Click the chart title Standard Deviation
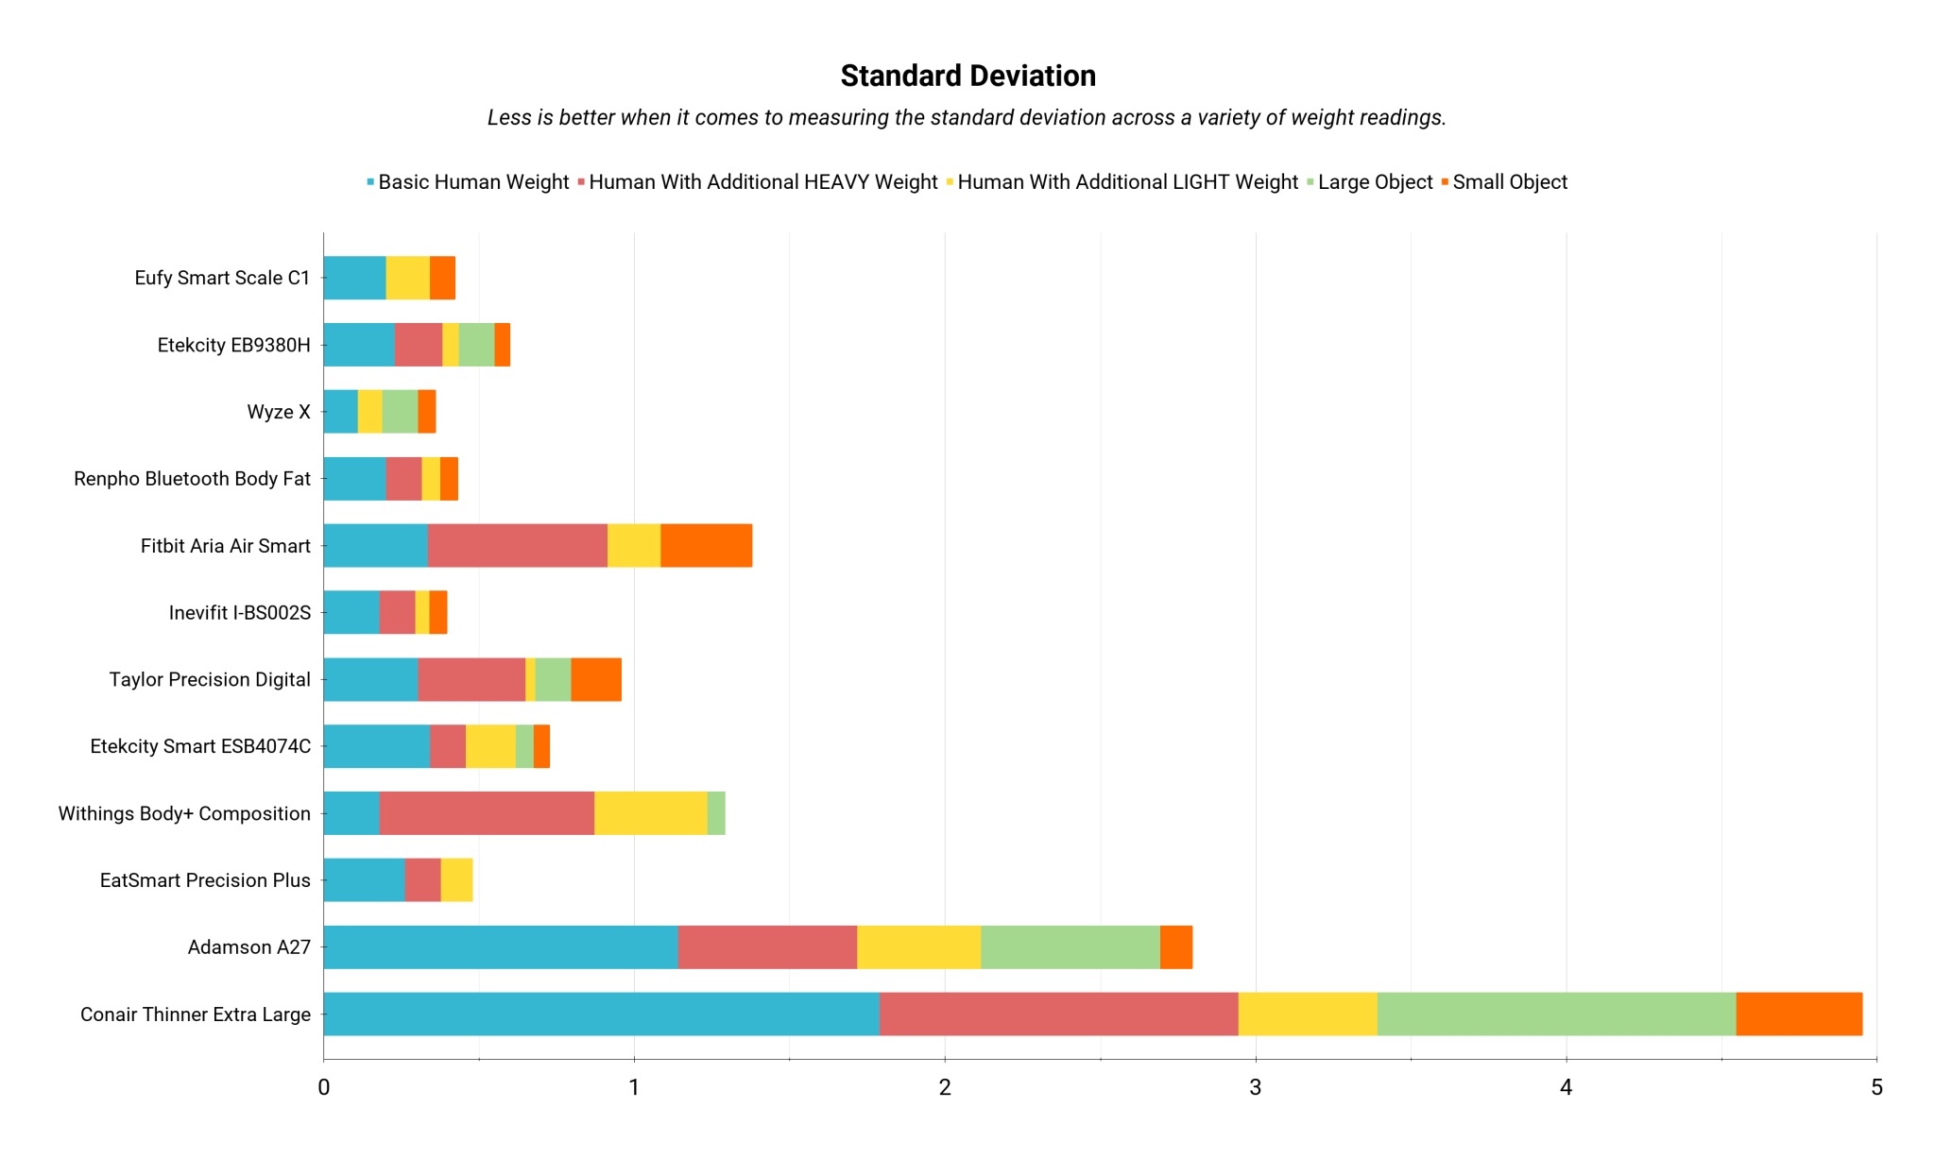967,76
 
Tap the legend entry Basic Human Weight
472,182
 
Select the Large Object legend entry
1374,182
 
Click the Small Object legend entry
1509,182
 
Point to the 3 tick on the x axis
1255,1087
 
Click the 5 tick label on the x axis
1876,1087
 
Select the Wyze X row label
279,412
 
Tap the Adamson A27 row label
248,947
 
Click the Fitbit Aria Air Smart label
225,546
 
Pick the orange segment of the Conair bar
1799,1014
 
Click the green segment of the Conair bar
1556,1014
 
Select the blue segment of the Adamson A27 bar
501,947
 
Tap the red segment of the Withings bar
487,813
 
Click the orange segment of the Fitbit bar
706,546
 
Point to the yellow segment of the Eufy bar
407,278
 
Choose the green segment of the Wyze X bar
400,412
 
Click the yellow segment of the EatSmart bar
456,880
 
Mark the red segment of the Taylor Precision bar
471,679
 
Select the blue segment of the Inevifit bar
351,612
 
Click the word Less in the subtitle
506,118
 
